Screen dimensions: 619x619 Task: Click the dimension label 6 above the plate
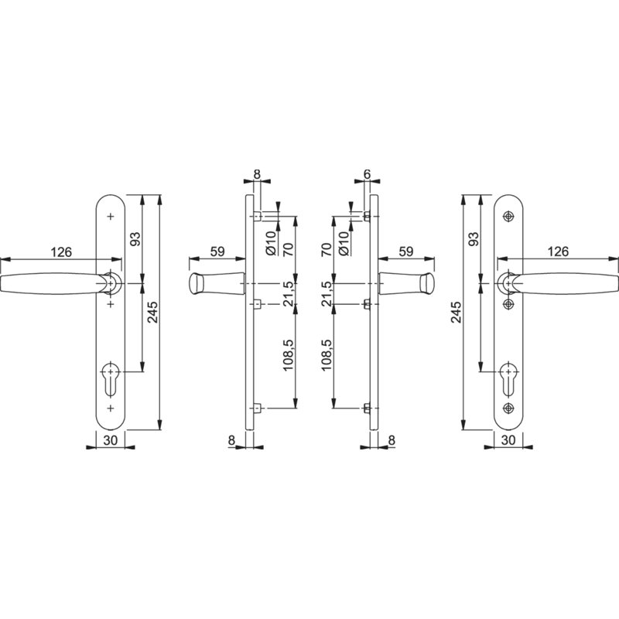[x=367, y=173]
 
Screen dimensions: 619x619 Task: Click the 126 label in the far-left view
[x=62, y=251]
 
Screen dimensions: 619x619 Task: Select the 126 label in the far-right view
[x=558, y=251]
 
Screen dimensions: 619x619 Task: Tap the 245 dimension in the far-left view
[x=152, y=312]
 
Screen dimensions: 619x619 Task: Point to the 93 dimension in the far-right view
[x=473, y=238]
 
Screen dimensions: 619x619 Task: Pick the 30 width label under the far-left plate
[x=111, y=439]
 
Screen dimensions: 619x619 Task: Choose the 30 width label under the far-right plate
[x=508, y=439]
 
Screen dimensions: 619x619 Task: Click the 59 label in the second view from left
[x=217, y=251]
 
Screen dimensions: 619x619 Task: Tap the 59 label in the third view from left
[x=405, y=251]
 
